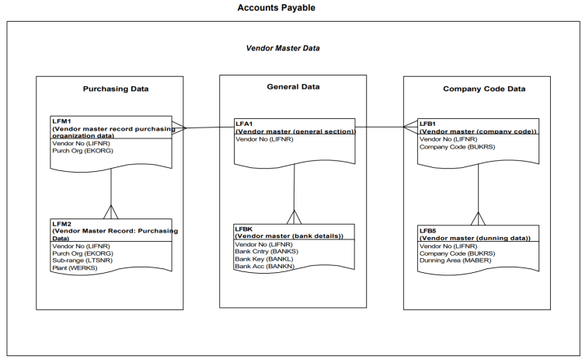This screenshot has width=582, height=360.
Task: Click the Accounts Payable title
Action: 277,8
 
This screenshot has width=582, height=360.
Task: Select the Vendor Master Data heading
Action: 283,48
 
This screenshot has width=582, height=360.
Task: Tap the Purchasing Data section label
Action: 116,89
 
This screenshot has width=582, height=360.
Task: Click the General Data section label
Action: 294,87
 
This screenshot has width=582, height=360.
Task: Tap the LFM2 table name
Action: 62,224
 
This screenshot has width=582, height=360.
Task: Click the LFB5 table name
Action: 429,231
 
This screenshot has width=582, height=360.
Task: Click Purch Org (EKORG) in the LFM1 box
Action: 81,151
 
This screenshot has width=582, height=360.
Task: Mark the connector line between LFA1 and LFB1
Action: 381,127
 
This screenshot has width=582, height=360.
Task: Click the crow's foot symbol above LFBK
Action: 294,217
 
